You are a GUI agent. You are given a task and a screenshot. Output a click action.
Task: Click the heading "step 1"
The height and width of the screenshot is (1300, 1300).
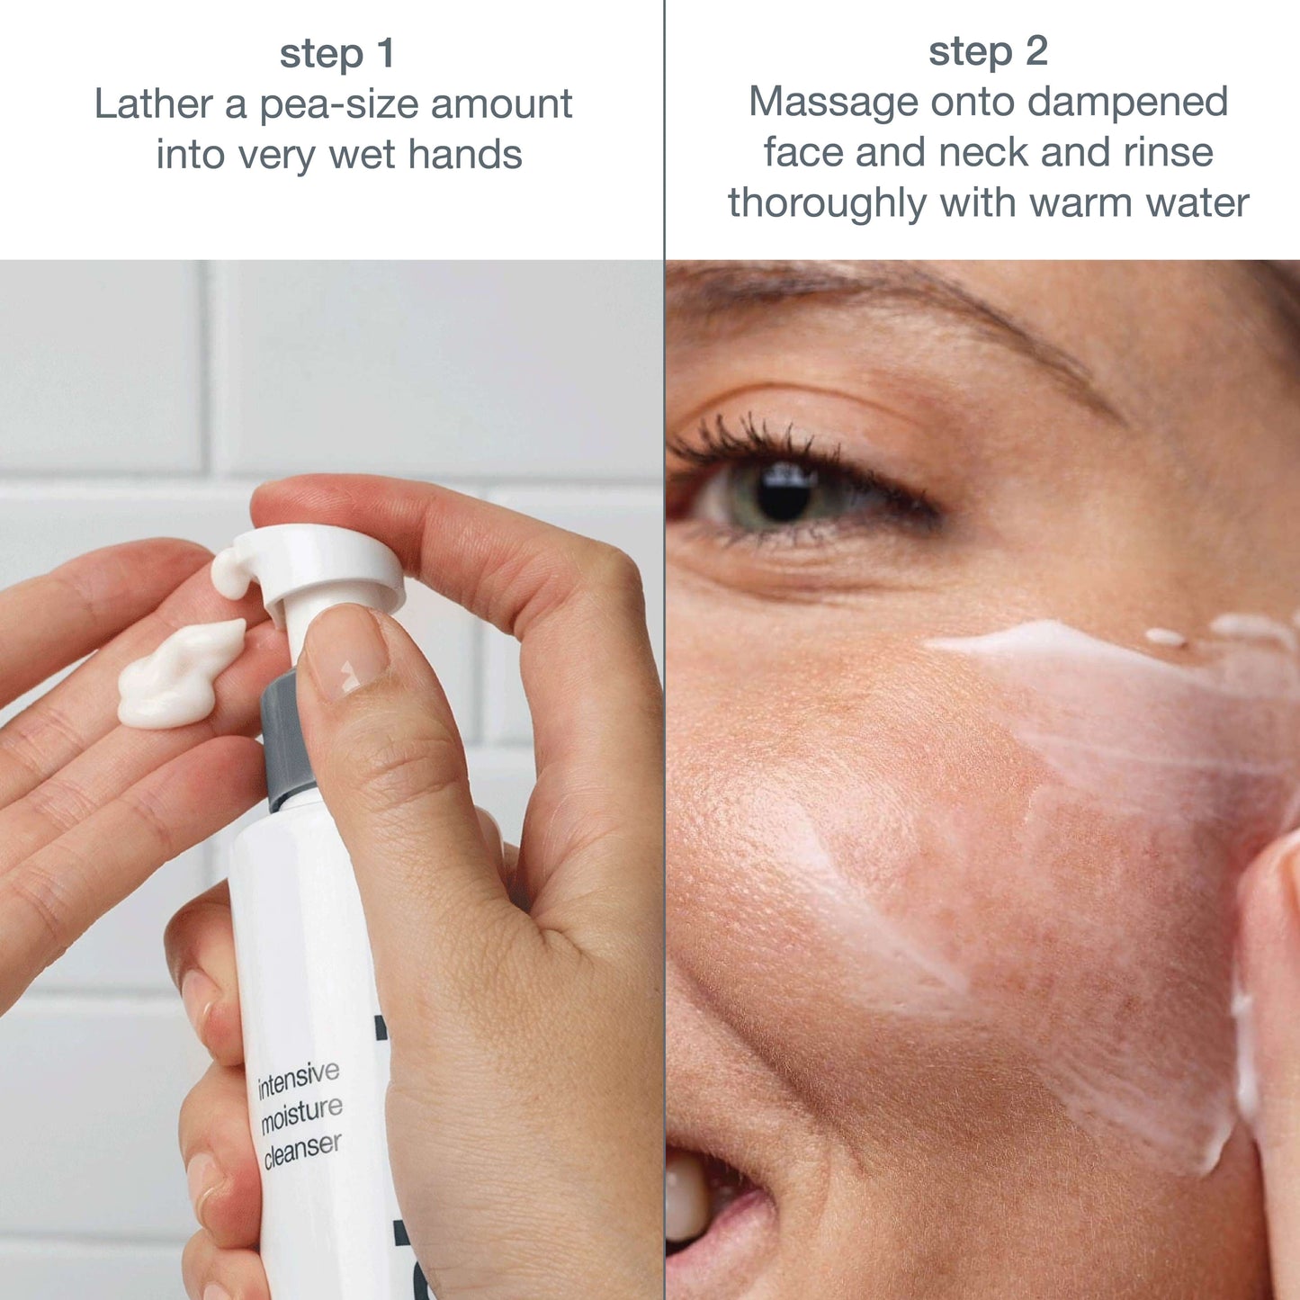[x=336, y=54]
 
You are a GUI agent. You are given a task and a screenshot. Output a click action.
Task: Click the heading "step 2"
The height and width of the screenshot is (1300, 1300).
[x=988, y=51]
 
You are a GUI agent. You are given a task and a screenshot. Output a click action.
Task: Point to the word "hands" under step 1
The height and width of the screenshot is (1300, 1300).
[x=465, y=155]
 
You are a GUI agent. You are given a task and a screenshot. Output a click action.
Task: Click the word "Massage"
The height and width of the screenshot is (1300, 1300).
[x=834, y=103]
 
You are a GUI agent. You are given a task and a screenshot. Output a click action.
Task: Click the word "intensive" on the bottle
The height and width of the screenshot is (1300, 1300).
[x=298, y=1080]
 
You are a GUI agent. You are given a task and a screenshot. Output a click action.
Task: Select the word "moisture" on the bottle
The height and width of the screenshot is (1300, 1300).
[x=301, y=1117]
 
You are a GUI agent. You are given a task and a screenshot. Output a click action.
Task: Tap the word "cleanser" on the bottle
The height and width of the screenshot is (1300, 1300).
[x=303, y=1153]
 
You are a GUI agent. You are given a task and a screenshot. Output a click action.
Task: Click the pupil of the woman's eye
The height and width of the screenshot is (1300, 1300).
[x=784, y=495]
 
